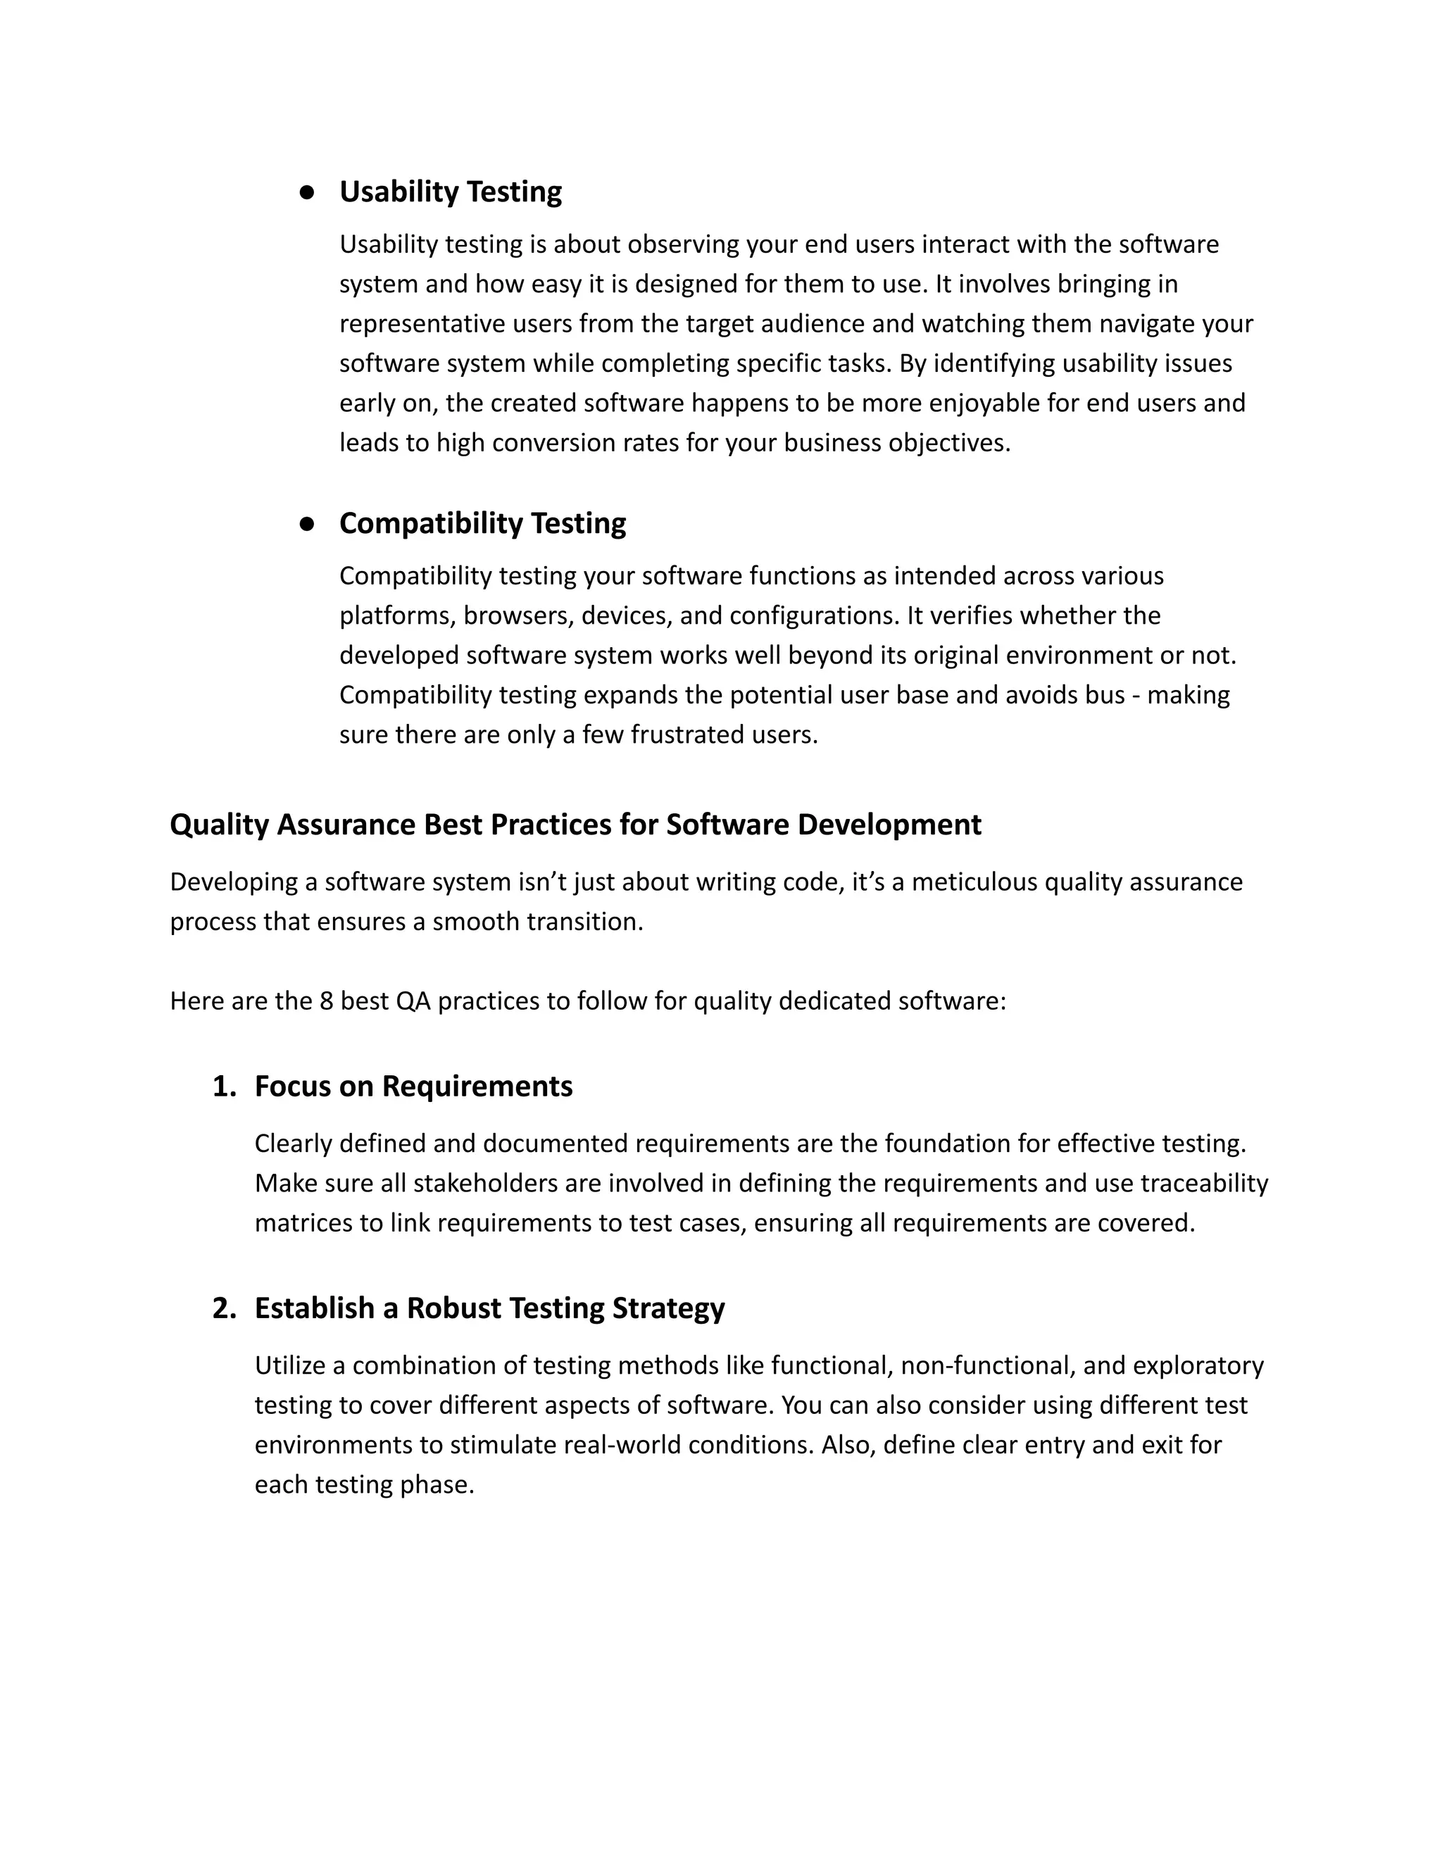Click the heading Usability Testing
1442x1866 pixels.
point(450,192)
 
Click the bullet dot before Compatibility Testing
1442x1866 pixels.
point(308,524)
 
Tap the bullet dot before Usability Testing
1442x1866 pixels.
point(308,192)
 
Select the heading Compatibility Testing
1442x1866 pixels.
point(482,523)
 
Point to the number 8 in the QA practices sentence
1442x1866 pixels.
point(326,1001)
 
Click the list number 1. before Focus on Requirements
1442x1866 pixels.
point(224,1086)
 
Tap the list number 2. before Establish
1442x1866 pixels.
point(224,1308)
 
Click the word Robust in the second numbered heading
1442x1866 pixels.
point(453,1308)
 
